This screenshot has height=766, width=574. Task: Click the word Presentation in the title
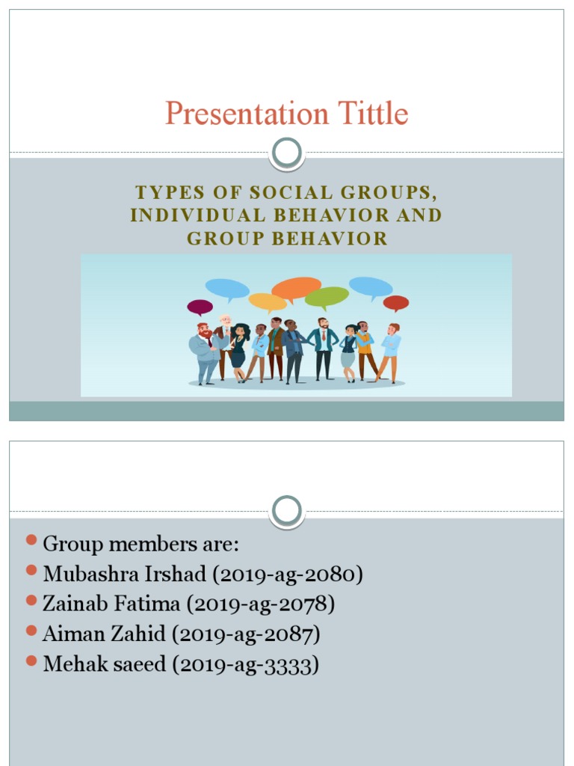point(247,114)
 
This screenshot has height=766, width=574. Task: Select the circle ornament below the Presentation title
point(287,153)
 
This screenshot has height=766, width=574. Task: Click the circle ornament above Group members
point(287,511)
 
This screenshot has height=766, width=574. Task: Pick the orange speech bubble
point(296,288)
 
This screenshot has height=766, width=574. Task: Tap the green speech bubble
point(327,298)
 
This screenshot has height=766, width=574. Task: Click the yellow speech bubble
point(267,301)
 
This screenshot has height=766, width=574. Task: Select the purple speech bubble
point(200,307)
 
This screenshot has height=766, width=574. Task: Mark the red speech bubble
point(396,303)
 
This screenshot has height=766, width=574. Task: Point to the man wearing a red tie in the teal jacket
point(323,348)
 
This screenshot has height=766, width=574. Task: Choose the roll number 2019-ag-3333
point(245,664)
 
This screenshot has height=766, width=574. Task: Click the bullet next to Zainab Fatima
point(31,601)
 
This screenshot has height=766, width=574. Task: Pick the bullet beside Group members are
point(31,541)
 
